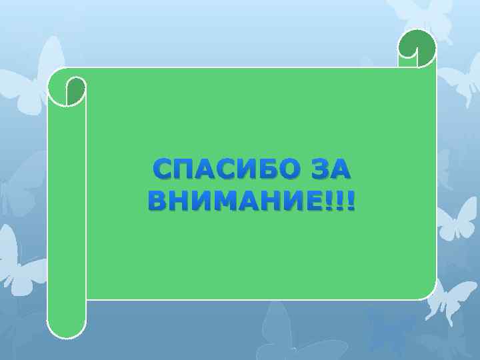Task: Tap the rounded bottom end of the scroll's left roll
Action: pyautogui.click(x=67, y=330)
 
